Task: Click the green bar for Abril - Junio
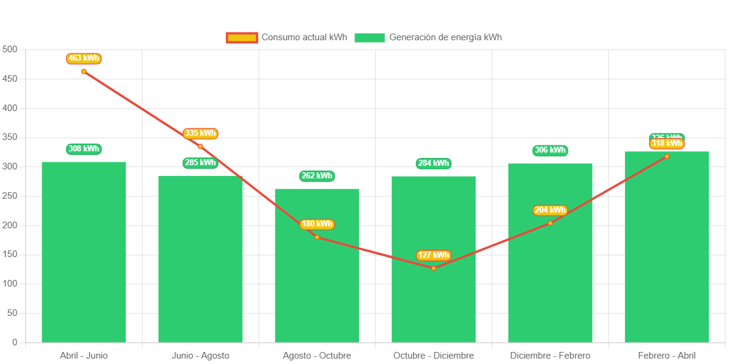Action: [84, 252]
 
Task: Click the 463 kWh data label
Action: [84, 58]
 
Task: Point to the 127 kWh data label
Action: [433, 255]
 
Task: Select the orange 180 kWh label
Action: [317, 224]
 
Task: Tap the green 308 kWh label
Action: [84, 149]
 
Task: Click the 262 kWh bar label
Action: [317, 176]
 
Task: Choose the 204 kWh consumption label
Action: [550, 210]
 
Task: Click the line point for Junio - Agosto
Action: [200, 147]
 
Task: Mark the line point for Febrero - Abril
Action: [666, 156]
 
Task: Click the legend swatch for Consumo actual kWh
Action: [242, 37]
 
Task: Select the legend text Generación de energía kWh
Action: [445, 37]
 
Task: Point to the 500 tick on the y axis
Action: [10, 49]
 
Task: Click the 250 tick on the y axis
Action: [10, 196]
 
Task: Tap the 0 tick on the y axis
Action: [14, 342]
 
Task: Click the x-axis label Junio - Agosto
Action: [200, 356]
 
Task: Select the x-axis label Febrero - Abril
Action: [666, 356]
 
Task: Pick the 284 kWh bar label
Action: [433, 163]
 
